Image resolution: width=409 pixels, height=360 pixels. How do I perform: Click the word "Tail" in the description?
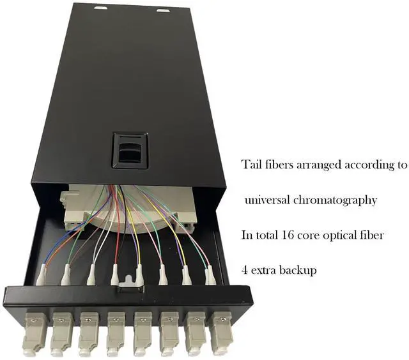(x=252, y=164)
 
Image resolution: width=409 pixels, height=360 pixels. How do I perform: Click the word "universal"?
(x=268, y=200)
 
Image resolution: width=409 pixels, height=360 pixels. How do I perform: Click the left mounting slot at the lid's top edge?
(x=101, y=9)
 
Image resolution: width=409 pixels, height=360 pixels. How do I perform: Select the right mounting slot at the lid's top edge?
(x=164, y=10)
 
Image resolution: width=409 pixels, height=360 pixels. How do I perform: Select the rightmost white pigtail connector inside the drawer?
(x=210, y=276)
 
